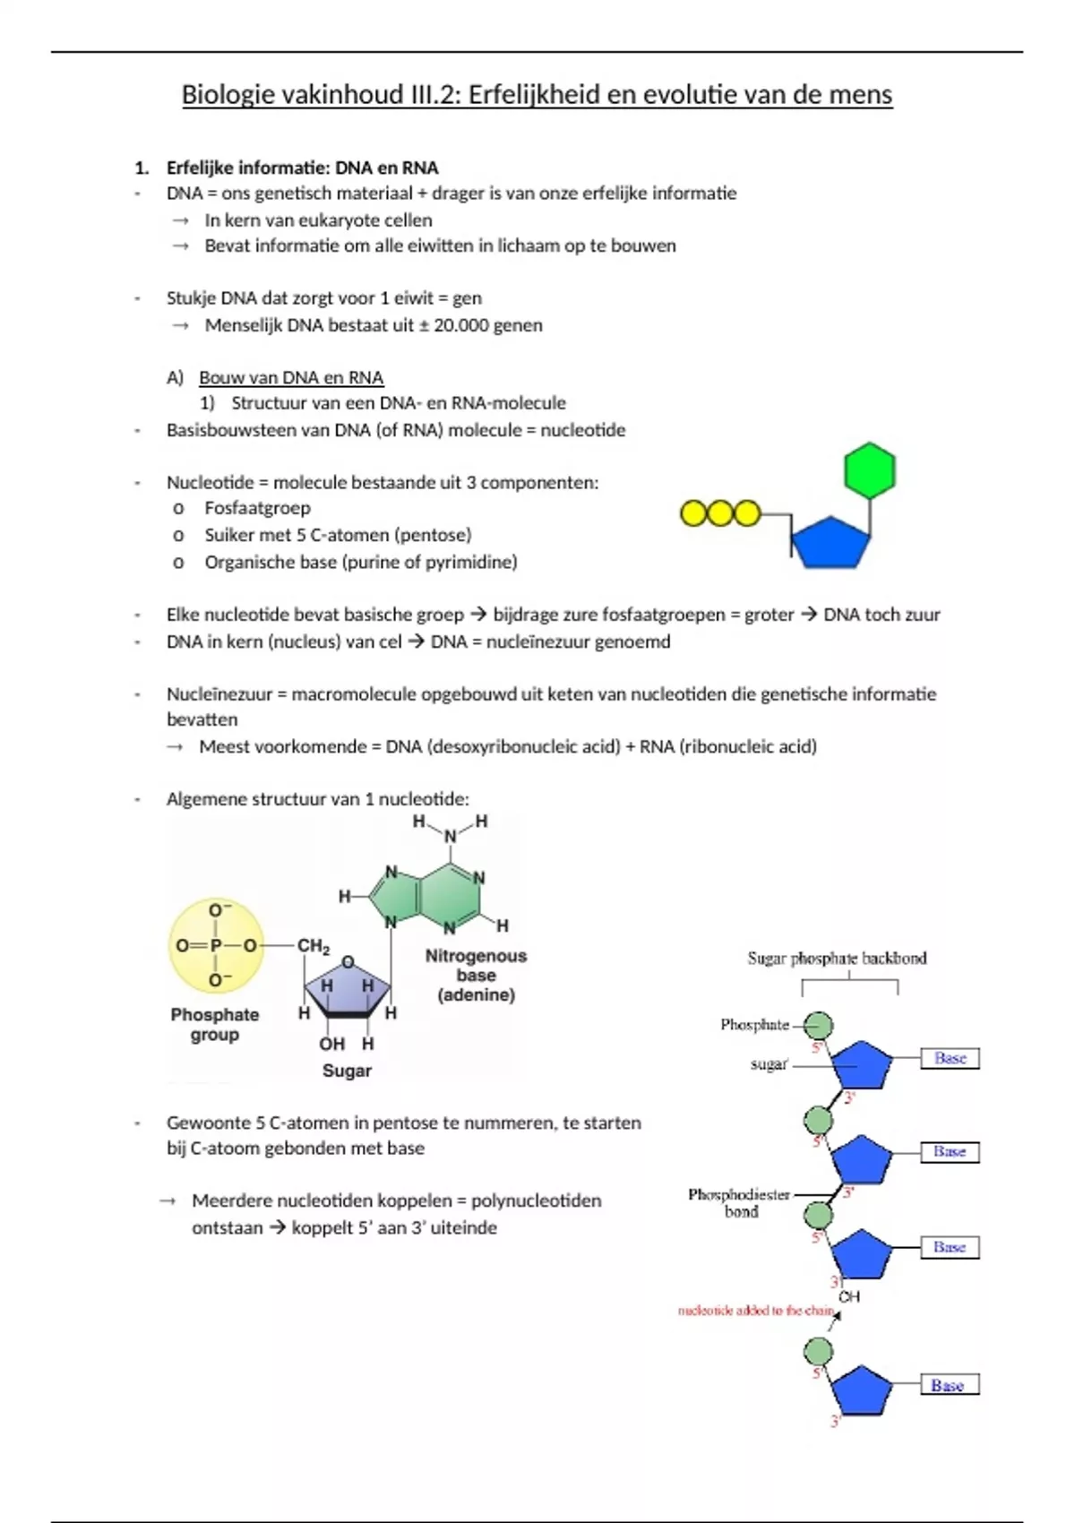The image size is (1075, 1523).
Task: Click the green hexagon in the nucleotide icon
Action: [x=869, y=470]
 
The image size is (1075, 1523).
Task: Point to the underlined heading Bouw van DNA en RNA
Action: [x=291, y=377]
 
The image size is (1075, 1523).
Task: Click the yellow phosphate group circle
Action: [x=216, y=945]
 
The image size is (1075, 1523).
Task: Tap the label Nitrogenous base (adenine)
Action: [x=476, y=975]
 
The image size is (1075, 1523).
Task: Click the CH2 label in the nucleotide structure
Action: [x=314, y=945]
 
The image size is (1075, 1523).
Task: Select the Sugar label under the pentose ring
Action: [x=347, y=1071]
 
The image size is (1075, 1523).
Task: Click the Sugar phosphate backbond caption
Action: [x=837, y=959]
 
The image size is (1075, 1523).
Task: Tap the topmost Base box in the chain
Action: [x=950, y=1058]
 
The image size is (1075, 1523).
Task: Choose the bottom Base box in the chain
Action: [x=949, y=1385]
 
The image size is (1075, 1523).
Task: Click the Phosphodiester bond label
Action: [x=739, y=1202]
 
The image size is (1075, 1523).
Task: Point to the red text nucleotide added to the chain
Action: [x=755, y=1311]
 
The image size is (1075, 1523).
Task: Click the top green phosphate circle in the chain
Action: [x=818, y=1025]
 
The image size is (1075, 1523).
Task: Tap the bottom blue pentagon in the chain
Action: [x=862, y=1390]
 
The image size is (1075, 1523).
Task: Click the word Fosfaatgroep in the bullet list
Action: [x=257, y=509]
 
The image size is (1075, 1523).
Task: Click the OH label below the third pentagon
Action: [x=849, y=1296]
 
